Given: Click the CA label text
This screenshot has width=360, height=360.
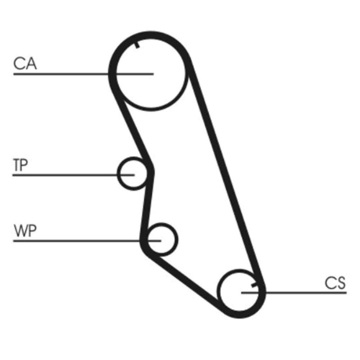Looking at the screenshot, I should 25,64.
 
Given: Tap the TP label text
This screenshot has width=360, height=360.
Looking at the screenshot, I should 21,165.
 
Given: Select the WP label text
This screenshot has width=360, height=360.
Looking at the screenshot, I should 25,231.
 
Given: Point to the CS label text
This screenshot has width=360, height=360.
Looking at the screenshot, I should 335,283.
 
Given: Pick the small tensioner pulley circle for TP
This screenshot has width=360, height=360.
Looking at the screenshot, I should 133,173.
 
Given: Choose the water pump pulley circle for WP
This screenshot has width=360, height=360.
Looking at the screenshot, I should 162,239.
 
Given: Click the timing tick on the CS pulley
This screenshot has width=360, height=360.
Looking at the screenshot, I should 254,283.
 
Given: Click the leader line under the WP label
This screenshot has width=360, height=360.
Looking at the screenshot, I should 77,241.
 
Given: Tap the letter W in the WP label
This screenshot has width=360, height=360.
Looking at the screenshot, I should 20,231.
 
